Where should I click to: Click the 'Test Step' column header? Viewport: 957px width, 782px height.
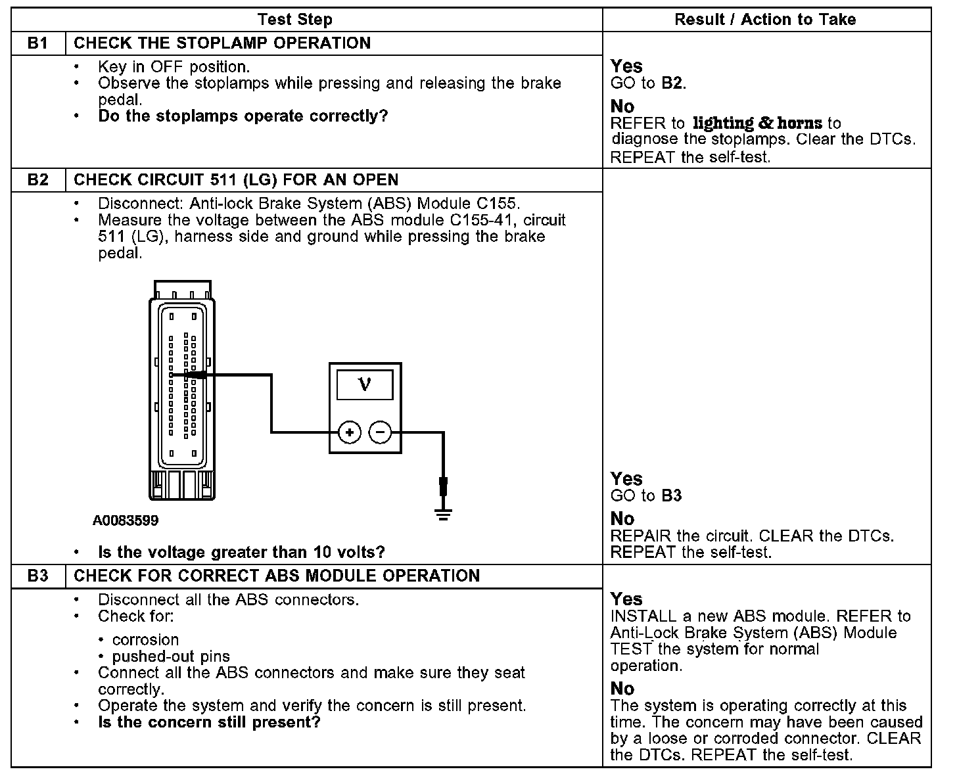[x=294, y=20]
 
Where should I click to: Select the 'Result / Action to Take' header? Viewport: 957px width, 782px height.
[x=765, y=20]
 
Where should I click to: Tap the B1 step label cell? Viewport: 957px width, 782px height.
[x=38, y=43]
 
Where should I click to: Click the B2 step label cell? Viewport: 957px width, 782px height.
[x=38, y=180]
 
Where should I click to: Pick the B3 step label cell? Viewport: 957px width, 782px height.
[x=38, y=576]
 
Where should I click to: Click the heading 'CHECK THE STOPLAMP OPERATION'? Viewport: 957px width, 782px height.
[x=222, y=43]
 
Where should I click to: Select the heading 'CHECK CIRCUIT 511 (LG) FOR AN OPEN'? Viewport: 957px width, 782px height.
[x=236, y=180]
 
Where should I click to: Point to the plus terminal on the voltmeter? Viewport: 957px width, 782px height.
[x=350, y=432]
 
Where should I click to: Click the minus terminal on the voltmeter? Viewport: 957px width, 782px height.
[x=381, y=432]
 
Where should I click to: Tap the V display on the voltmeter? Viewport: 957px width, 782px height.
[x=365, y=384]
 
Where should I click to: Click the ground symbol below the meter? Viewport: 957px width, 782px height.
[x=444, y=513]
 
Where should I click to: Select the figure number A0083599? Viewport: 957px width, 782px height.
[x=126, y=521]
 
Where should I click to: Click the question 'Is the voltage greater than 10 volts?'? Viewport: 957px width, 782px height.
[x=241, y=552]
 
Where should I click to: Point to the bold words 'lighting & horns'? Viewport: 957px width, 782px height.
[x=757, y=123]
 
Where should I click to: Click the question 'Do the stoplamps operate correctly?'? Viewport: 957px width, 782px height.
[x=243, y=116]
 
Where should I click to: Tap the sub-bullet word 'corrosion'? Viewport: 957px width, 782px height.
[x=145, y=640]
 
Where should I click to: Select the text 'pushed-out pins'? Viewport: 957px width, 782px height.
[x=171, y=656]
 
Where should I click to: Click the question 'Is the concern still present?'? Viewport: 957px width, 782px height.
[x=209, y=723]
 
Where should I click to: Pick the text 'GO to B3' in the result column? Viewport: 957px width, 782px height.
[x=646, y=495]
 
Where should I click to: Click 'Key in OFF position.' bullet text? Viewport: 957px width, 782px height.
[x=174, y=66]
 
